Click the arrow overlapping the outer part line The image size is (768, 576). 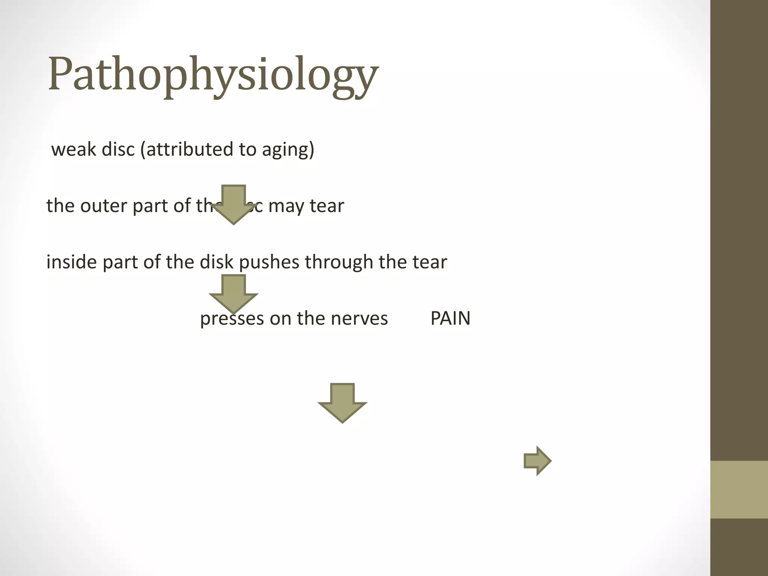[234, 204]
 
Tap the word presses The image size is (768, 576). [231, 319]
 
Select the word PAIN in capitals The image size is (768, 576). [450, 318]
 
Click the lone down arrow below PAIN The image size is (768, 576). [342, 403]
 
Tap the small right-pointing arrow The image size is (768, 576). [537, 461]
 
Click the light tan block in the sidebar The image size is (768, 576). [739, 489]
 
